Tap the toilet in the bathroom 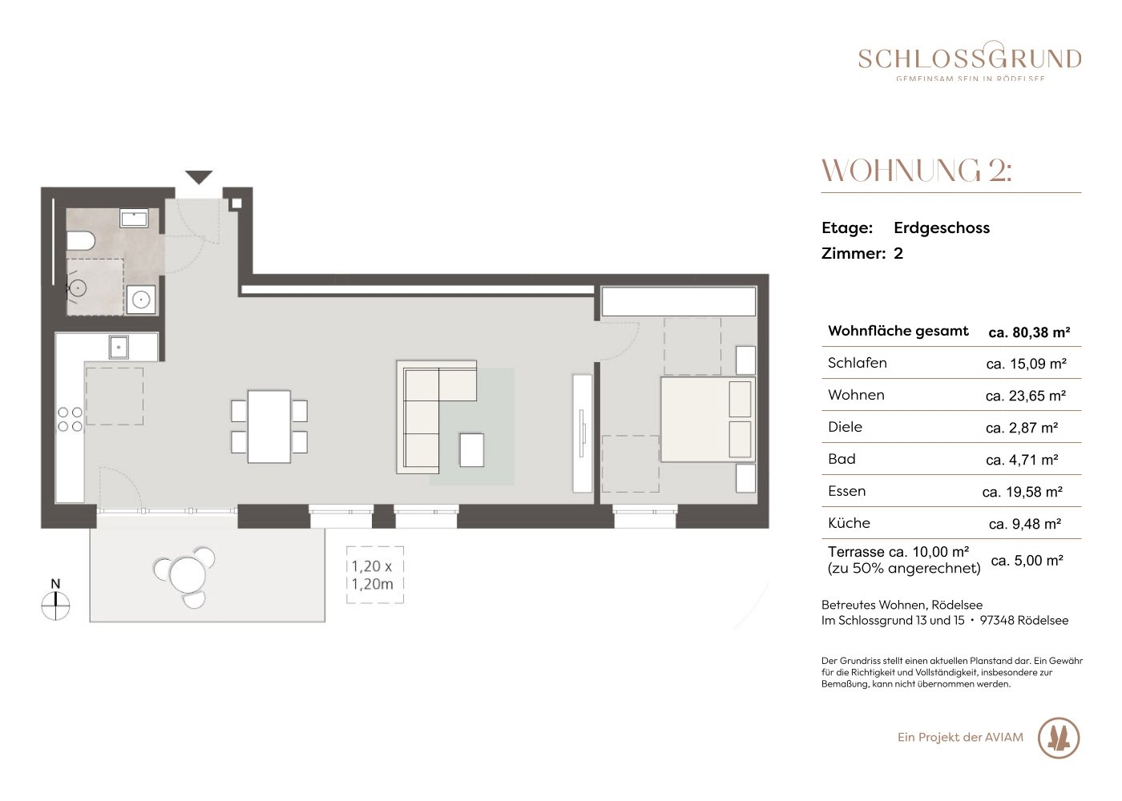coord(81,241)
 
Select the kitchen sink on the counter coord(119,347)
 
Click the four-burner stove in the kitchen coord(71,420)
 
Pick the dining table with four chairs coord(269,426)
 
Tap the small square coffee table coord(472,450)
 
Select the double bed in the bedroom coord(708,419)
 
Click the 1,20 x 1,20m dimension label coord(373,575)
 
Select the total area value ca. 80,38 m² coord(1029,332)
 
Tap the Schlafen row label coord(857,362)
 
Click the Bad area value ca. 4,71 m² coord(1022,460)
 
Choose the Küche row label coord(849,522)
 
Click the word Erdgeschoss coord(942,227)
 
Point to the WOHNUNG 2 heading coord(917,171)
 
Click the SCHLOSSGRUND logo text coord(970,59)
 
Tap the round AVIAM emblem coord(1059,738)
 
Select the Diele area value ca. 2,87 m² coord(1022,428)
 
